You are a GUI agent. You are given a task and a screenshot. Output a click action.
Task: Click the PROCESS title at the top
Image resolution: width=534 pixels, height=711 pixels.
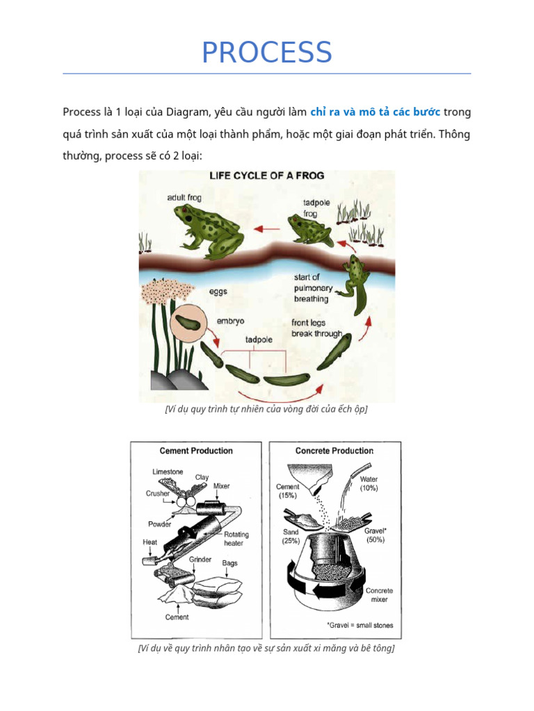(266, 53)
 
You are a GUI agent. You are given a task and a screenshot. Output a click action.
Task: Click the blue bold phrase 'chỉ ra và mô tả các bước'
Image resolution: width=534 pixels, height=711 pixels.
(375, 112)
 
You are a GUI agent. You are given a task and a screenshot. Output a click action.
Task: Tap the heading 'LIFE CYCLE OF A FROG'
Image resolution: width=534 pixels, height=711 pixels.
(267, 176)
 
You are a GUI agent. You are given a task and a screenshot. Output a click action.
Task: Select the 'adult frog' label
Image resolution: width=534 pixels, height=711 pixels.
(184, 198)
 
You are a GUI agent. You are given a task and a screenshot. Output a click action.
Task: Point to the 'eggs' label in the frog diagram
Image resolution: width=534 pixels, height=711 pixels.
(218, 292)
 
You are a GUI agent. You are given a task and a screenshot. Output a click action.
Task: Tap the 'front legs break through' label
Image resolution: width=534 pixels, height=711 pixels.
(316, 328)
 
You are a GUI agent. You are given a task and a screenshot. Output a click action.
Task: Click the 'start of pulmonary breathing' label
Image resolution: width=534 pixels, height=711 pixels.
(313, 288)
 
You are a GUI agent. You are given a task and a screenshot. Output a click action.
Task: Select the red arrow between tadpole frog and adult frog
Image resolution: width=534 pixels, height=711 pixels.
(267, 228)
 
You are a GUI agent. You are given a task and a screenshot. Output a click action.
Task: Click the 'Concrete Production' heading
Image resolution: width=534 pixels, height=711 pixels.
(334, 451)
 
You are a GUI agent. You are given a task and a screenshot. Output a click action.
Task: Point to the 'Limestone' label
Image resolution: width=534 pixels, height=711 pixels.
(168, 472)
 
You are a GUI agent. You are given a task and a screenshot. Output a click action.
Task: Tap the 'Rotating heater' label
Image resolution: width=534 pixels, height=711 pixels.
(235, 539)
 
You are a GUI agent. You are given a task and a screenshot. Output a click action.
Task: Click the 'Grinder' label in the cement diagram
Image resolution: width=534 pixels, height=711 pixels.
(200, 560)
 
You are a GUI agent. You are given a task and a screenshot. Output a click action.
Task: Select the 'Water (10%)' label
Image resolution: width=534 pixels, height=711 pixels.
(369, 484)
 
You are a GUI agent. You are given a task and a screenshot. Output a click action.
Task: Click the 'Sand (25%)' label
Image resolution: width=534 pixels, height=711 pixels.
(291, 535)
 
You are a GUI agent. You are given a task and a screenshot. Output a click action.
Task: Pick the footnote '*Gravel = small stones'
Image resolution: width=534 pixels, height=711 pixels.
(359, 625)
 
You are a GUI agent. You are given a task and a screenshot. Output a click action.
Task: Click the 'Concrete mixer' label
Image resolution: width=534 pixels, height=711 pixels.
(380, 594)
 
